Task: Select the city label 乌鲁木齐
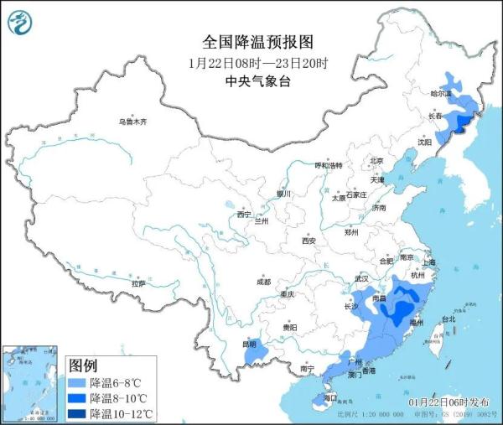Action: pos(132,122)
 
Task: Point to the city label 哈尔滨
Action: pos(441,93)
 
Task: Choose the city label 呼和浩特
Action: pos(329,165)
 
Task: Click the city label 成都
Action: pos(264,282)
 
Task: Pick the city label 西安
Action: pos(308,241)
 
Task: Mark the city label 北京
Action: pos(376,161)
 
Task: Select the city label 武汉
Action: pos(362,278)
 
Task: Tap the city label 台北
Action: pos(449,319)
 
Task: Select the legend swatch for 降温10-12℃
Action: pos(77,413)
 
